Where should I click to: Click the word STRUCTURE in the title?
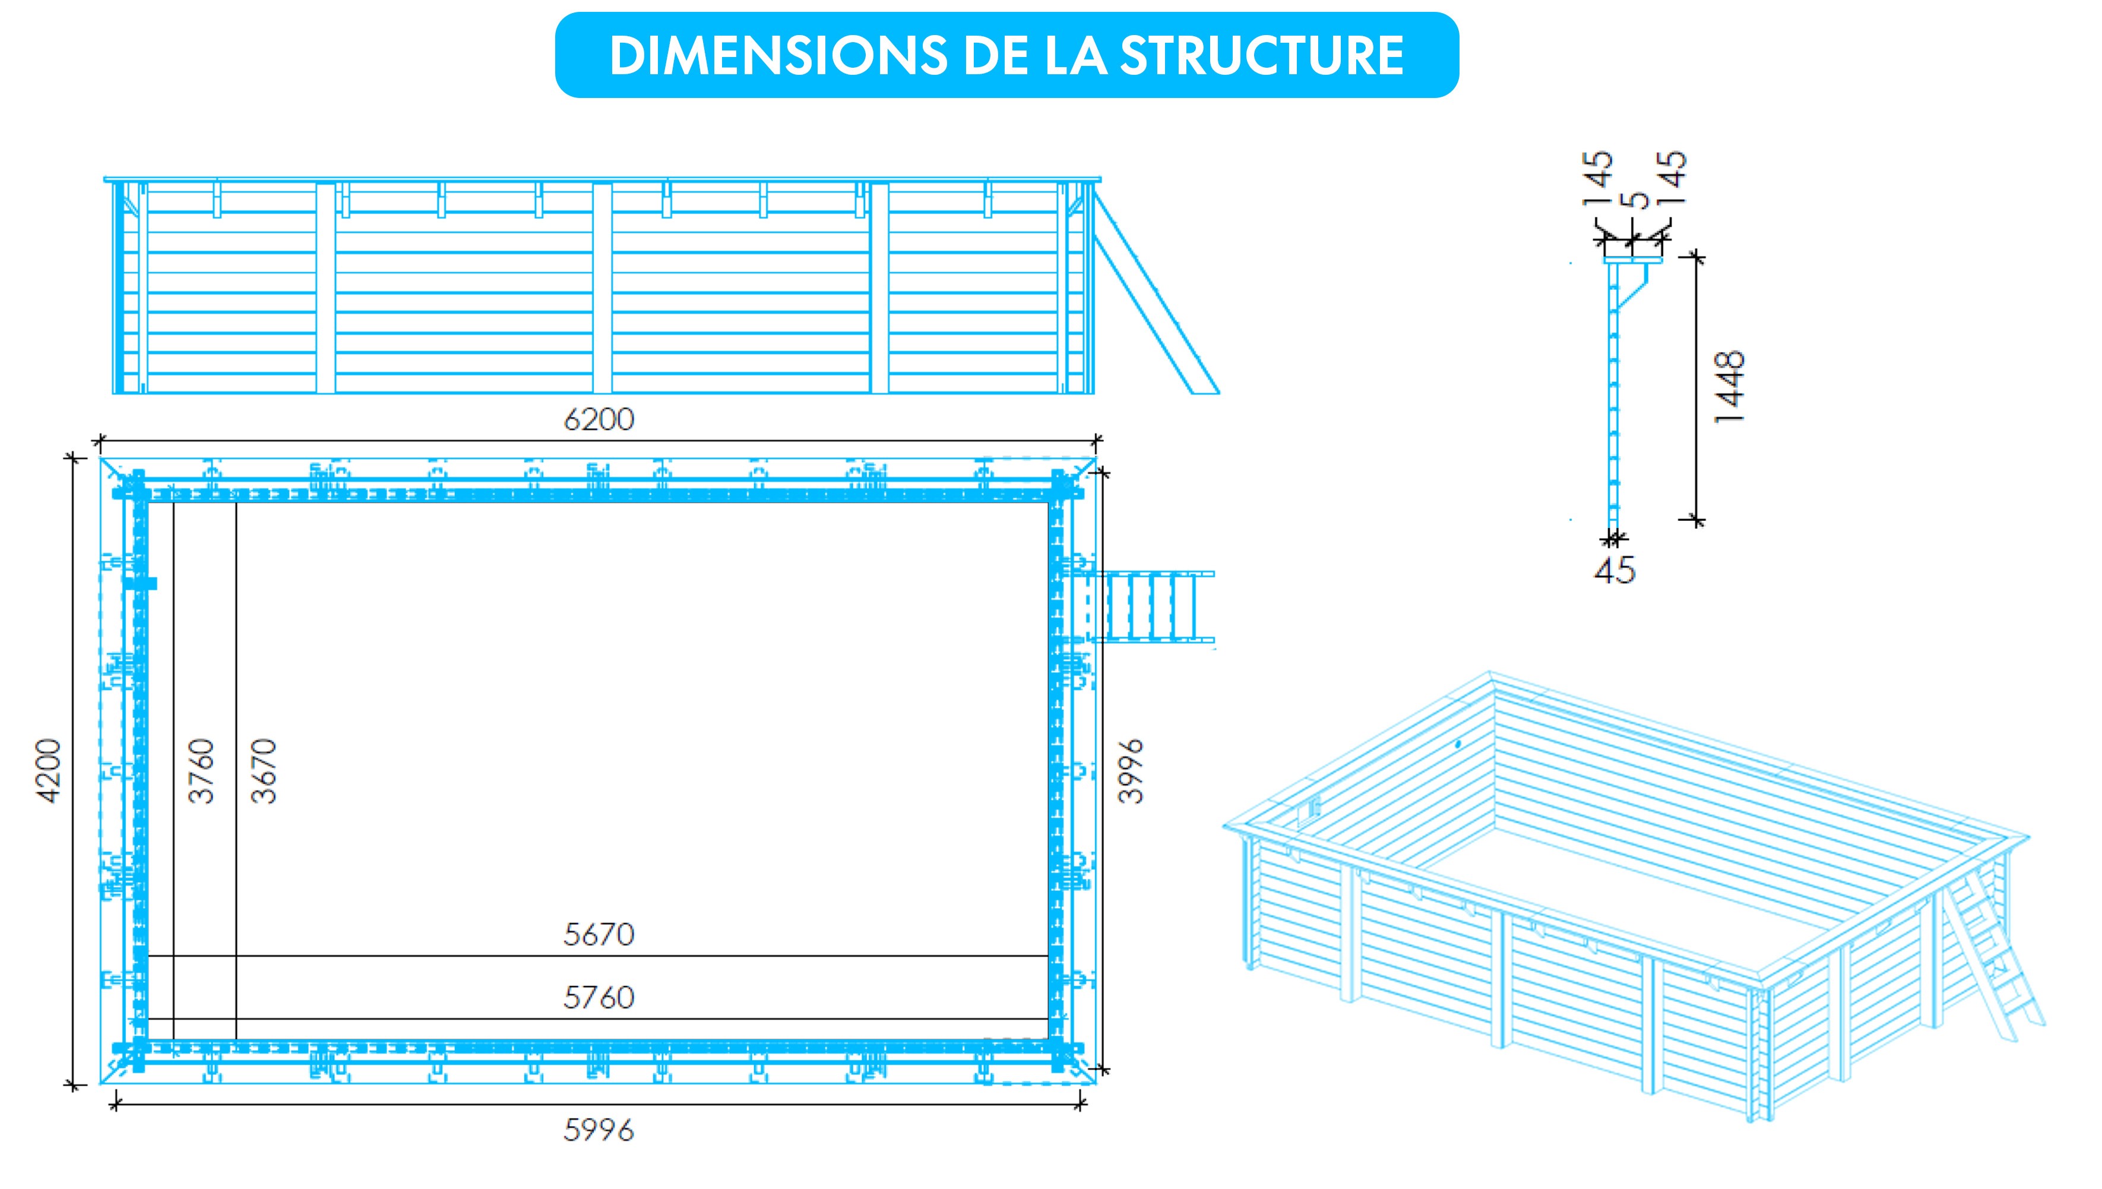coord(1261,56)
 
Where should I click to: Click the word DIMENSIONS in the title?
coord(778,56)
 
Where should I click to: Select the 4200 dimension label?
coord(49,771)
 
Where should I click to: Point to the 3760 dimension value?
coord(201,771)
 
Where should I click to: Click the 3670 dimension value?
coord(264,771)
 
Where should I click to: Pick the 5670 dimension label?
coord(599,934)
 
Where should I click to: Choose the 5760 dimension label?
coord(599,997)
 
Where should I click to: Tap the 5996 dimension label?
coord(599,1130)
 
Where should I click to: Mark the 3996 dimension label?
coord(1131,771)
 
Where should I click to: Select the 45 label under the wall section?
coord(1615,569)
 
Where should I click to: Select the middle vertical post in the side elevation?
coord(603,288)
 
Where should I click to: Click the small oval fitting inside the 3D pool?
coord(1457,745)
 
